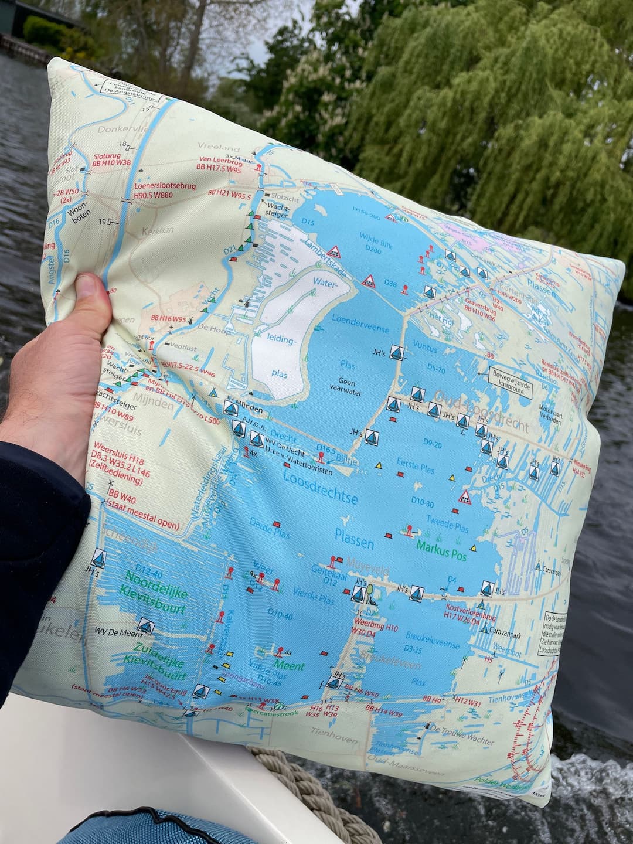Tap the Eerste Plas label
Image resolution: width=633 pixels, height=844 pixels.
(416, 465)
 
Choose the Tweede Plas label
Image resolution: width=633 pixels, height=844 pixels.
(447, 523)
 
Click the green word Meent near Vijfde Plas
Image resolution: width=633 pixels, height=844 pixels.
(288, 665)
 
